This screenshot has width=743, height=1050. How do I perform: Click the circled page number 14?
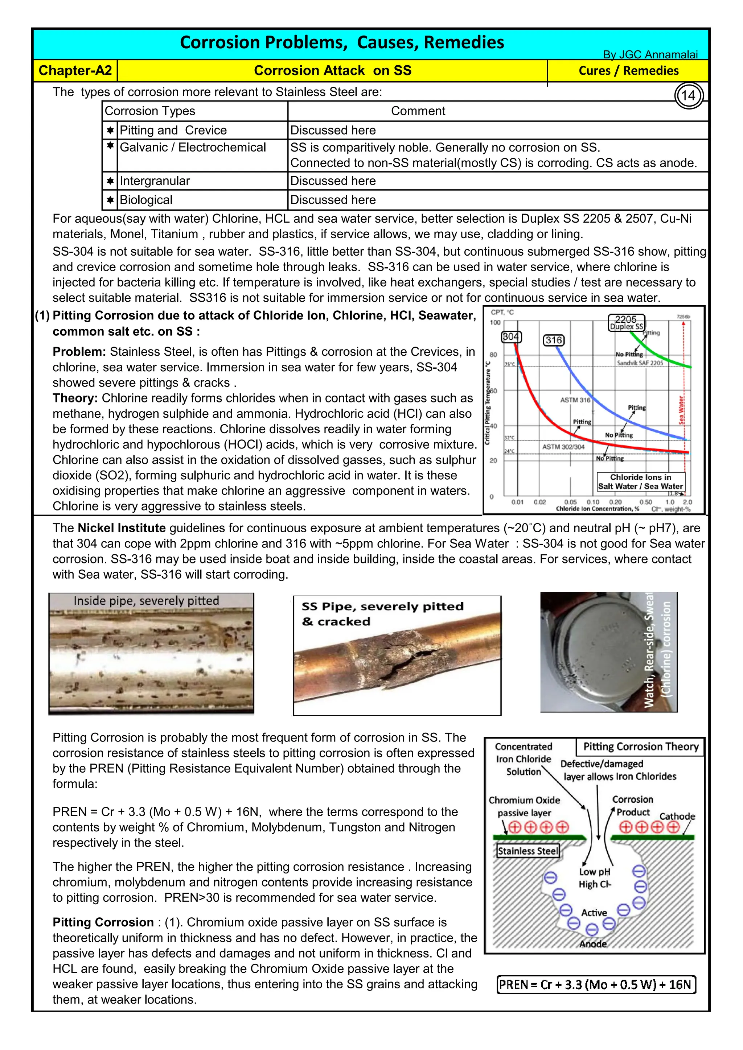(x=688, y=96)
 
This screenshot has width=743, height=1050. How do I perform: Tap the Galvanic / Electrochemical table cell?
(x=193, y=147)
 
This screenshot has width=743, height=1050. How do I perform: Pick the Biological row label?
(x=146, y=200)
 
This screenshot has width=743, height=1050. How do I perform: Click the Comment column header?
(x=418, y=111)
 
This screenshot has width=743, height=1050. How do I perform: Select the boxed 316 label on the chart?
(x=553, y=340)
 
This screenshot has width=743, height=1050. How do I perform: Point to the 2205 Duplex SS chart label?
(x=626, y=322)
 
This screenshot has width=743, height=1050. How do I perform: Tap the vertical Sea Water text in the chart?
(x=681, y=410)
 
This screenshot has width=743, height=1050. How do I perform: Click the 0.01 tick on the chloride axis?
(x=517, y=502)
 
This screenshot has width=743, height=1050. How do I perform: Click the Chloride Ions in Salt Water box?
(x=641, y=481)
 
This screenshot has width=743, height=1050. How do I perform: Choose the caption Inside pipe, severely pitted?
(x=147, y=600)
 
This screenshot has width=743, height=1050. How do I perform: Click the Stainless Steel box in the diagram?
(x=528, y=851)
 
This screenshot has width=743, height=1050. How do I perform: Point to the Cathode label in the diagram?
(x=677, y=816)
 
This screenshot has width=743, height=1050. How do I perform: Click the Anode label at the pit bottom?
(x=592, y=944)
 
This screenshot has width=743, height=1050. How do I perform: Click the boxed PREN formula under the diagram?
(x=595, y=985)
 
